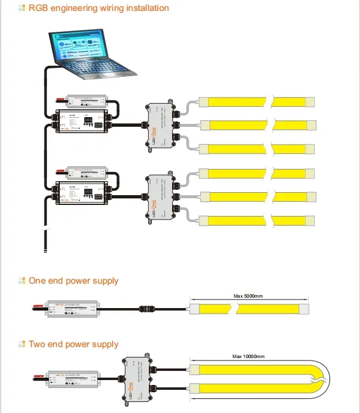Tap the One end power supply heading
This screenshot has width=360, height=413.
click(x=73, y=281)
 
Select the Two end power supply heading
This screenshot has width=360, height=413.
click(x=73, y=345)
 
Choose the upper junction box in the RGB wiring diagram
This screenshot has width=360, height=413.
click(x=159, y=123)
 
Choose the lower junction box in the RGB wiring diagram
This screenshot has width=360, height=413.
click(x=159, y=195)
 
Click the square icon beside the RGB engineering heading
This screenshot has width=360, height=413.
click(x=22, y=9)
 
